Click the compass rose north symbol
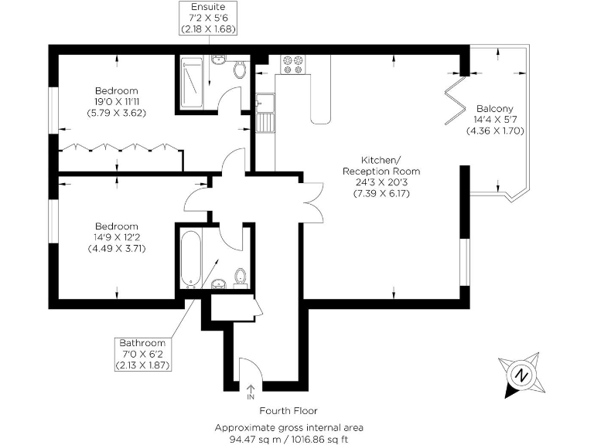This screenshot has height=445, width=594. coord(521,376)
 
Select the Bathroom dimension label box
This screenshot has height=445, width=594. coord(142,354)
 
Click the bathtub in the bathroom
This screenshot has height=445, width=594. coord(191,256)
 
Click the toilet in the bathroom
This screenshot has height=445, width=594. coord(241,277)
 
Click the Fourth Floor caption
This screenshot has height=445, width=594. coord(288,411)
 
